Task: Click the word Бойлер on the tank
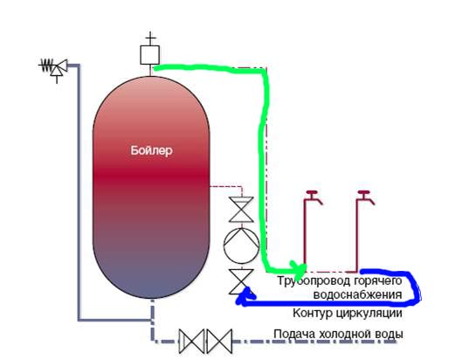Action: (x=151, y=150)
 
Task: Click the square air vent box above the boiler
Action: (x=149, y=55)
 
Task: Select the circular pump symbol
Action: (x=241, y=246)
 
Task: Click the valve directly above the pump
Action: (x=241, y=210)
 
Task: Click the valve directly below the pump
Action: (x=241, y=281)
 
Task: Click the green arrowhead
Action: (x=298, y=269)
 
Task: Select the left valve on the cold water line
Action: (x=191, y=342)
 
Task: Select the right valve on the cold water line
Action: (x=219, y=342)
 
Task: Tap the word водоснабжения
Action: (x=357, y=294)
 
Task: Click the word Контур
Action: (x=313, y=313)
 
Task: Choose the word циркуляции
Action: (x=369, y=314)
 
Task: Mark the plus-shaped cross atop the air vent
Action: (x=150, y=38)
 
